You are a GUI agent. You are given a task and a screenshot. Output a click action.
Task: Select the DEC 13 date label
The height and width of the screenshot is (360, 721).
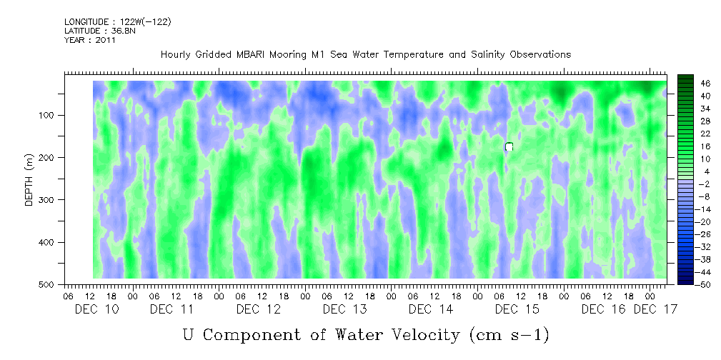pos(344,309)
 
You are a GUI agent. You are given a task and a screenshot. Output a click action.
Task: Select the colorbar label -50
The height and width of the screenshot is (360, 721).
pos(685,284)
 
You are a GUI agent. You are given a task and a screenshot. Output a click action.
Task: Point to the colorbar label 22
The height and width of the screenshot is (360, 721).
pos(685,134)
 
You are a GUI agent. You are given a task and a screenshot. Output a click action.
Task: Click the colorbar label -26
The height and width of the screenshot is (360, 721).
pos(685,234)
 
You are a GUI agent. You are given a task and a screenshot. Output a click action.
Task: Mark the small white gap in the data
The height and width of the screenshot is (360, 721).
pos(509,146)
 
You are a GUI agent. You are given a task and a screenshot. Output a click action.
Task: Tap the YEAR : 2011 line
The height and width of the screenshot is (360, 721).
pos(90,40)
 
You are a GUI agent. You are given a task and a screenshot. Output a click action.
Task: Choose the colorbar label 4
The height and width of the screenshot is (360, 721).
pos(685,172)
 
